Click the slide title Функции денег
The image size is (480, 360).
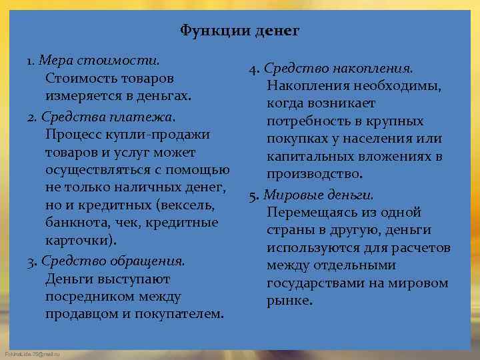240,31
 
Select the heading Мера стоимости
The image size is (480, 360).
99,61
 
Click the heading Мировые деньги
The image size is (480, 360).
319,195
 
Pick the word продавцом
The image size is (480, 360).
84,314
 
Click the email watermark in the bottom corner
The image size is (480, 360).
31,353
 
